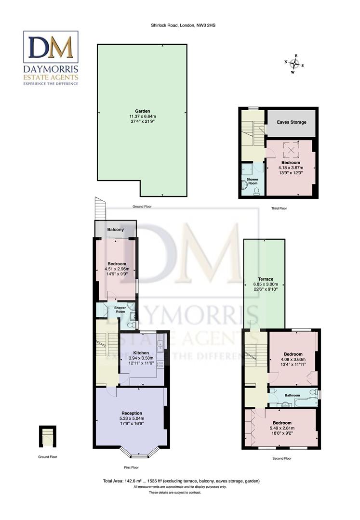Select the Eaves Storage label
click(x=291, y=122)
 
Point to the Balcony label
click(x=116, y=230)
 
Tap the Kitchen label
click(x=141, y=353)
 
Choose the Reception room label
click(x=132, y=413)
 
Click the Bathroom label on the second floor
click(x=292, y=395)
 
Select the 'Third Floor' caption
click(x=279, y=208)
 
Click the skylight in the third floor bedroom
click(x=291, y=150)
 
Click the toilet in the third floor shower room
click(x=256, y=192)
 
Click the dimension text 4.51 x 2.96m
click(x=117, y=269)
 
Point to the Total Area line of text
click(x=181, y=481)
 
